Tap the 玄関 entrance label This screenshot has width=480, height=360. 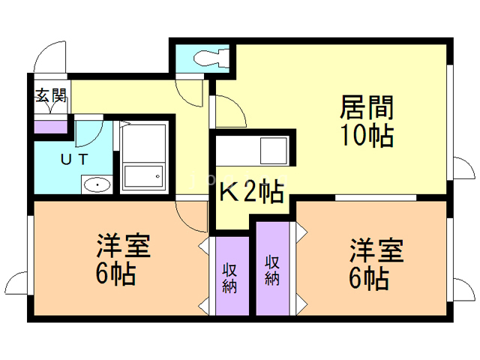tap(50, 96)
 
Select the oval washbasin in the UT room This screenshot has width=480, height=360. tap(96, 184)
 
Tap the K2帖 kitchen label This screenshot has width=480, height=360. tap(250, 193)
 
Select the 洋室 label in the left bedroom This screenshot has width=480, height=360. tap(123, 247)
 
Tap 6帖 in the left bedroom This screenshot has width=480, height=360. tap(115, 274)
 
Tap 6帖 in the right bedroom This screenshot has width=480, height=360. tap(368, 278)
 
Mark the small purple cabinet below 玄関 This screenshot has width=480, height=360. tap(49, 124)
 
